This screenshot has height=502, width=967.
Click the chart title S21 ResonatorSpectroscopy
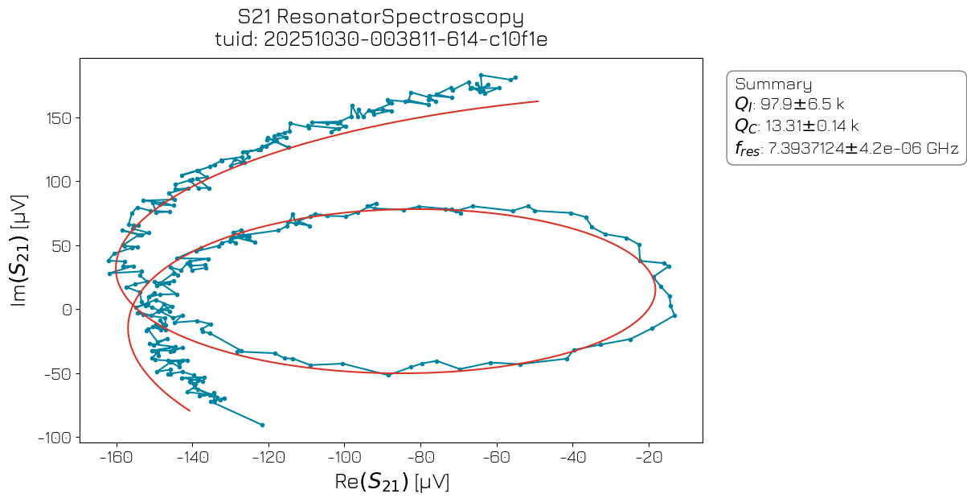tap(381, 17)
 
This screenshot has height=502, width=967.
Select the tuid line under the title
tap(381, 39)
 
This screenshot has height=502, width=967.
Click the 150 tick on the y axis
tap(60, 118)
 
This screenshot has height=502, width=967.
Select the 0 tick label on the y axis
tap(68, 310)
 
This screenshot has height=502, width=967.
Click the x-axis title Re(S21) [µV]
tap(391, 483)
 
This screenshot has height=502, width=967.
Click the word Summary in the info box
tap(773, 84)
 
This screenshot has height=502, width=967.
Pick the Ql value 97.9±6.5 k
tap(802, 105)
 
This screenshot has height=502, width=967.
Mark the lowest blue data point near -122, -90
tap(262, 425)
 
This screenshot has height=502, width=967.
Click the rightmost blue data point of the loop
tap(674, 315)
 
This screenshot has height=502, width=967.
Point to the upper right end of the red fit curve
tap(537, 101)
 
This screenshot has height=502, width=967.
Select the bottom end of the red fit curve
tap(190, 410)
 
